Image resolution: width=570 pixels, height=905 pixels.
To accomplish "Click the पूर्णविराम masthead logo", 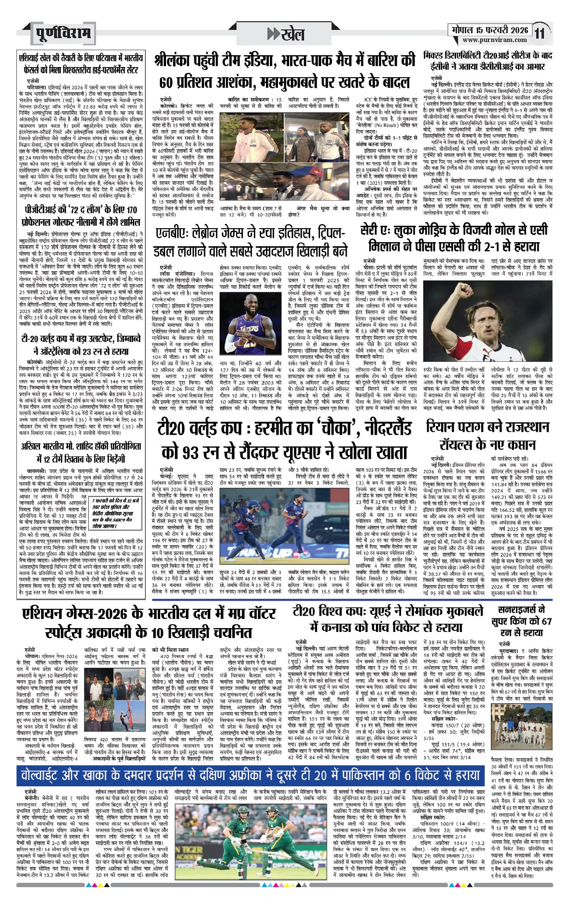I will [63, 33].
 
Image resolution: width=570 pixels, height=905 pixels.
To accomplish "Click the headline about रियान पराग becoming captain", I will [487, 436].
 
